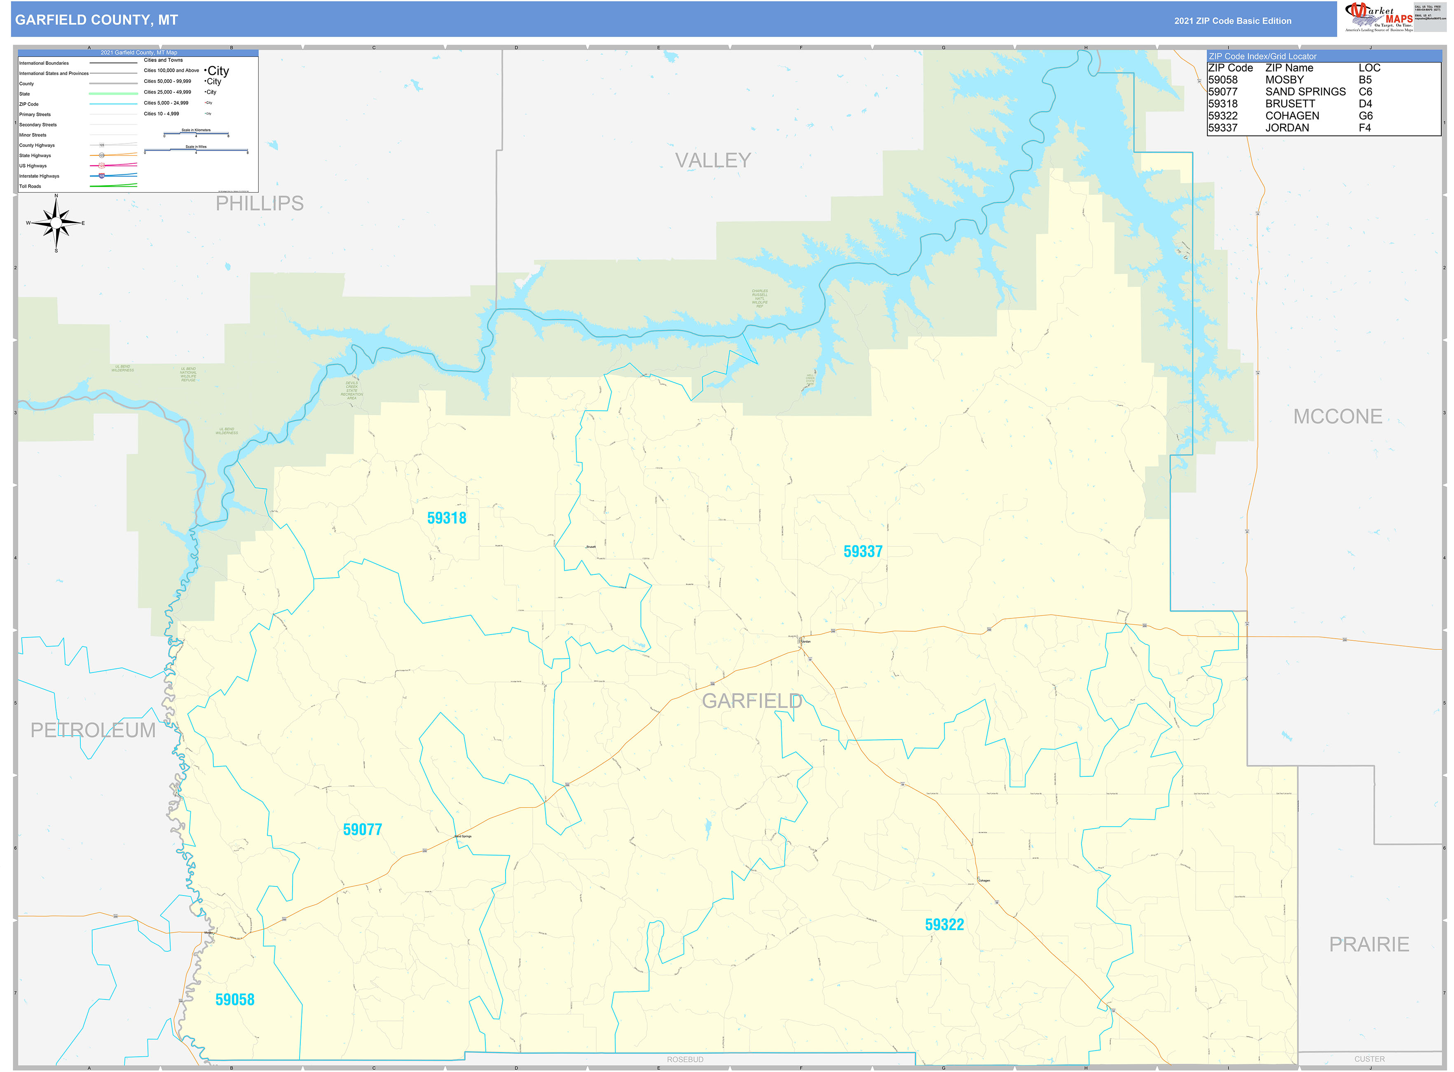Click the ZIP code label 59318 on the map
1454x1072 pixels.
click(x=446, y=518)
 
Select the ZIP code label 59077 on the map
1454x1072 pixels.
click(x=362, y=829)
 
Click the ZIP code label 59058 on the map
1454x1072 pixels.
click(x=235, y=999)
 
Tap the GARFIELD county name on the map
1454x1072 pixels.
click(x=752, y=701)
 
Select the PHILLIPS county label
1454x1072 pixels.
click(x=260, y=203)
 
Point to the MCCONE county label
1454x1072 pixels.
click(x=1337, y=416)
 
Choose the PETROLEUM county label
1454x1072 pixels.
click(x=93, y=730)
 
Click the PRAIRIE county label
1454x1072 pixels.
click(x=1368, y=944)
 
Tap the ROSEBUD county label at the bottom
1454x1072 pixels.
click(x=685, y=1060)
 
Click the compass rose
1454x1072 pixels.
click(x=56, y=223)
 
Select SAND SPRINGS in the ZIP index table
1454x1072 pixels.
click(x=1305, y=92)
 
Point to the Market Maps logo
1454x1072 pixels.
click(x=1378, y=17)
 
